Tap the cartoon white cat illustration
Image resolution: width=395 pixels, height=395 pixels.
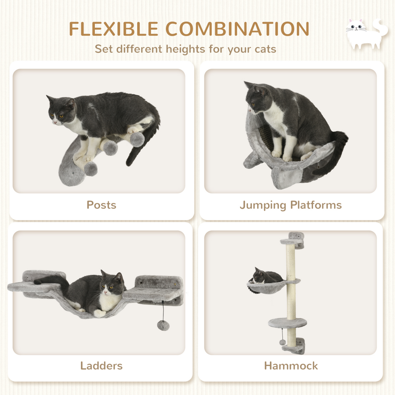pos(366,34)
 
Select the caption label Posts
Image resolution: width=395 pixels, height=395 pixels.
pos(101,205)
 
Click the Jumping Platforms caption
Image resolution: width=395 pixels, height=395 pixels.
pos(290,205)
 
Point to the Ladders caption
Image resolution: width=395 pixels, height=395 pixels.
pos(101,365)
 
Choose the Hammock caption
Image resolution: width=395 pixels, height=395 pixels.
pos(291,365)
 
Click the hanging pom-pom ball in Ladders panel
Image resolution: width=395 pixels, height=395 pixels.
pos(163,325)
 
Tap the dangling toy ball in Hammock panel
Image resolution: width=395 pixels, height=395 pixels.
pos(282,342)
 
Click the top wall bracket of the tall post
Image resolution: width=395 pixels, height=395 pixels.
pos(296,239)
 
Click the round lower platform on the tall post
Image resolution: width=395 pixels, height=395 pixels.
pos(287,323)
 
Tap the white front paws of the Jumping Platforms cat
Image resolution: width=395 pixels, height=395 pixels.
pos(282,155)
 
